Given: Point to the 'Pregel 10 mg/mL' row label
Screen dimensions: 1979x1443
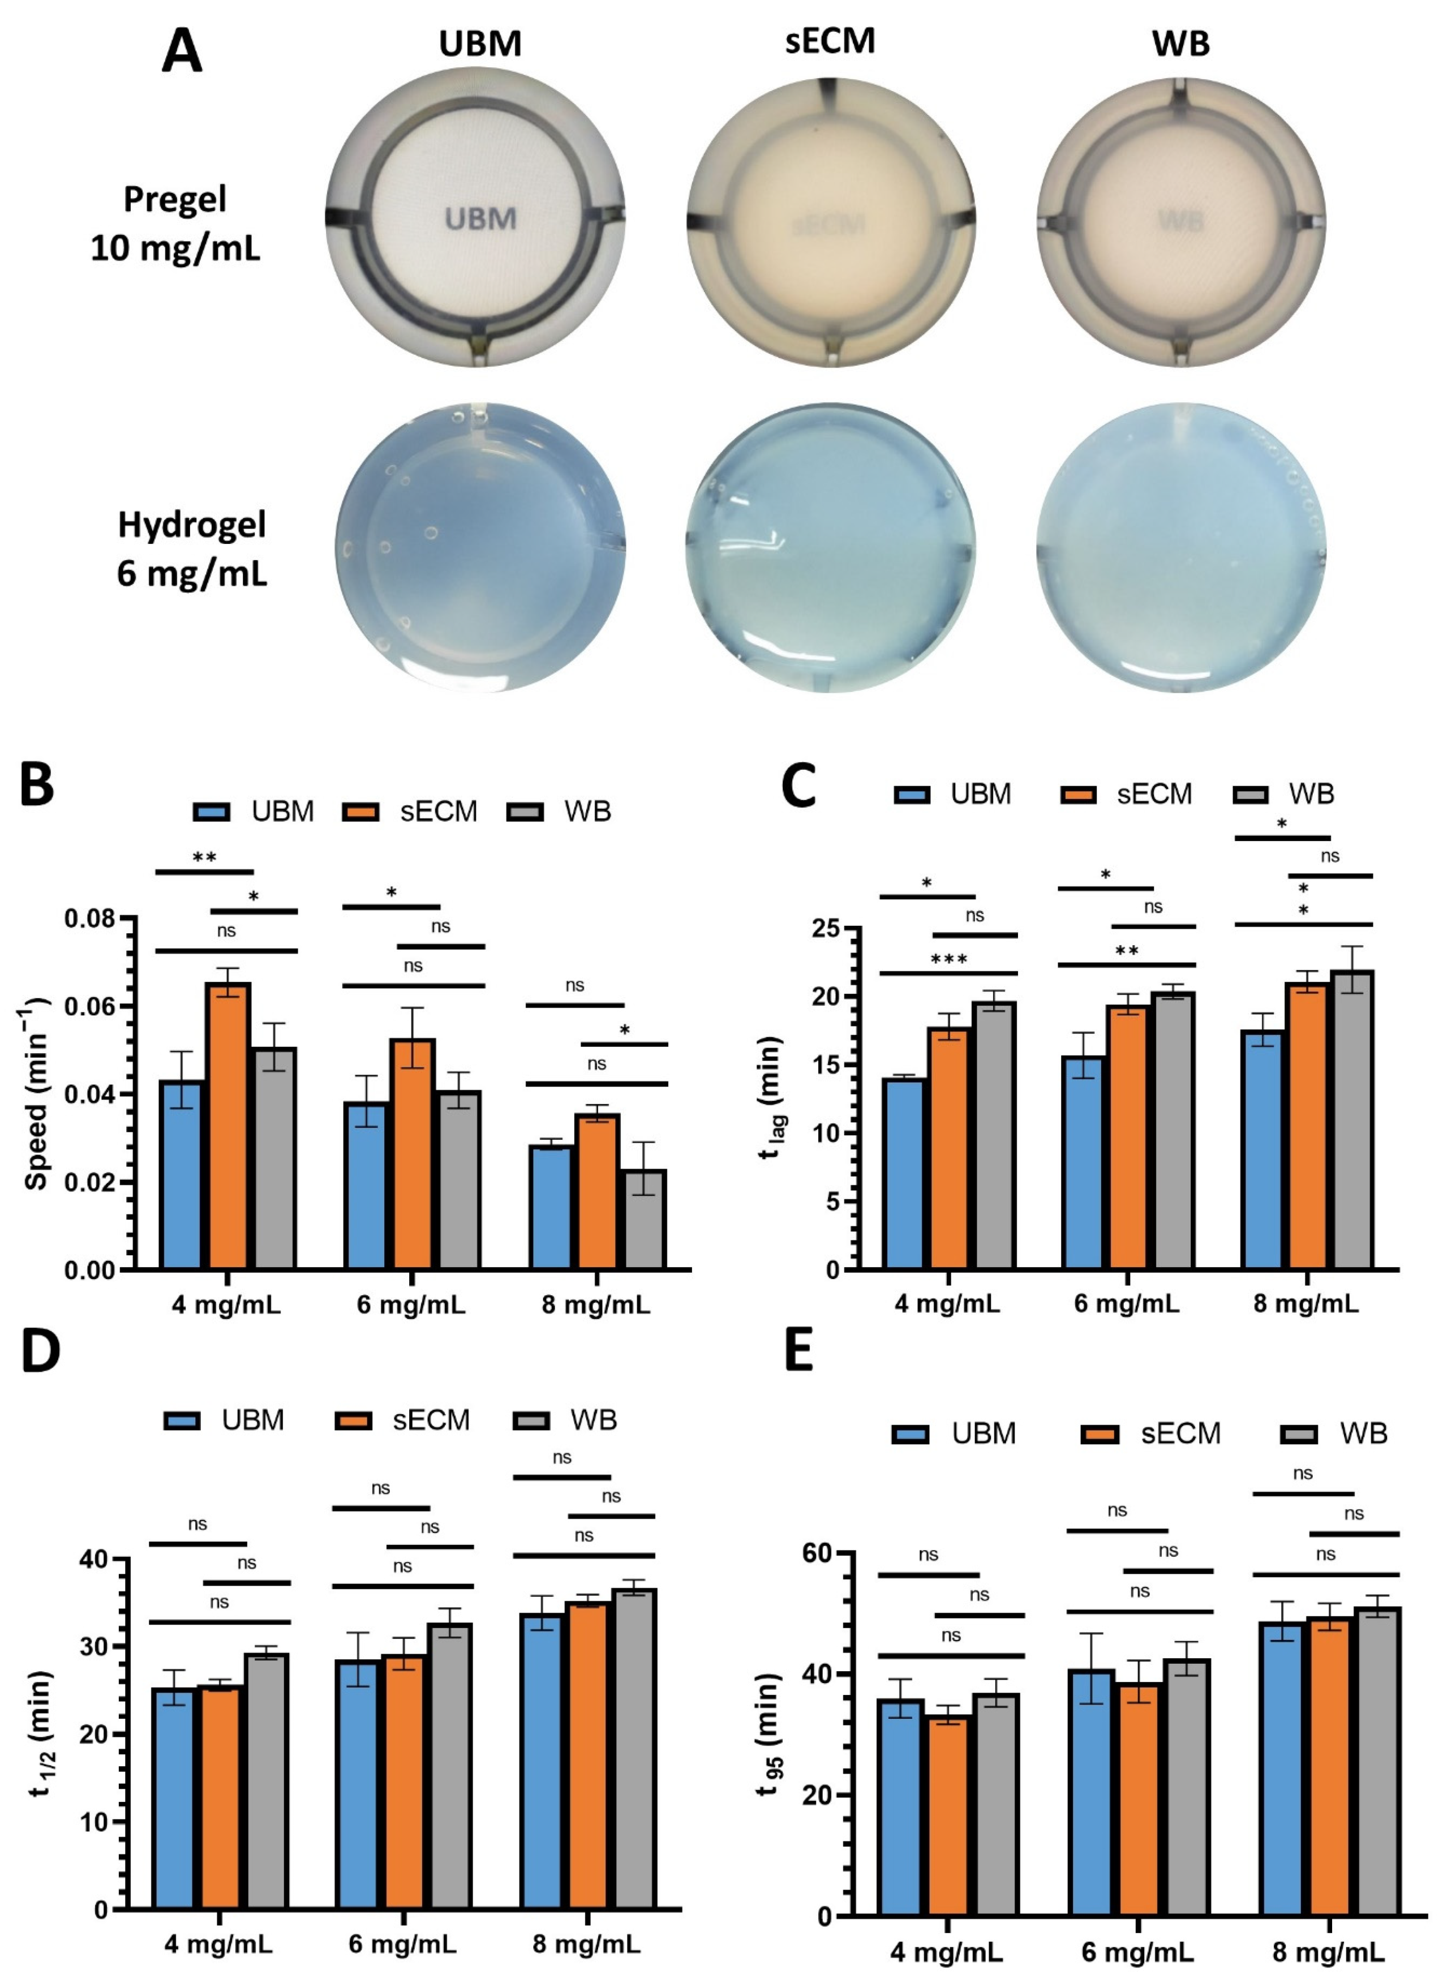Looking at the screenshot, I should click(175, 224).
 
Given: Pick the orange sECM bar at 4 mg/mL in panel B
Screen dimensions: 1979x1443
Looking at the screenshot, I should click(228, 1127).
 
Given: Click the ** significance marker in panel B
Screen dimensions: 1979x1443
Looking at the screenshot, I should click(204, 858).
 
